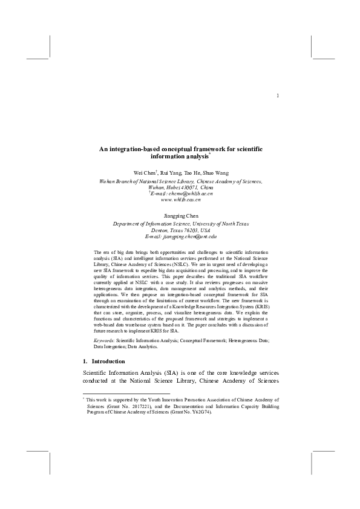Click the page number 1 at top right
277,96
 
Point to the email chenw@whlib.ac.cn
183,193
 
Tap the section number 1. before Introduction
85,361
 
